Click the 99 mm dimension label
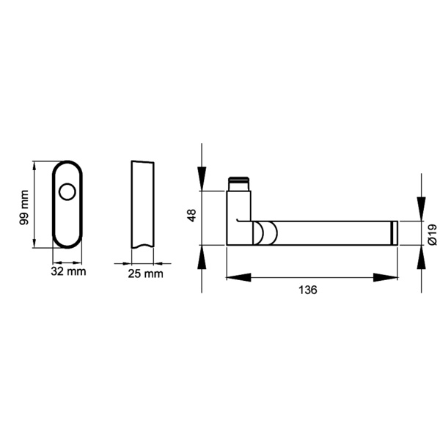tap(23, 207)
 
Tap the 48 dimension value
tap(191, 216)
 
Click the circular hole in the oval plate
tap(68, 194)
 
